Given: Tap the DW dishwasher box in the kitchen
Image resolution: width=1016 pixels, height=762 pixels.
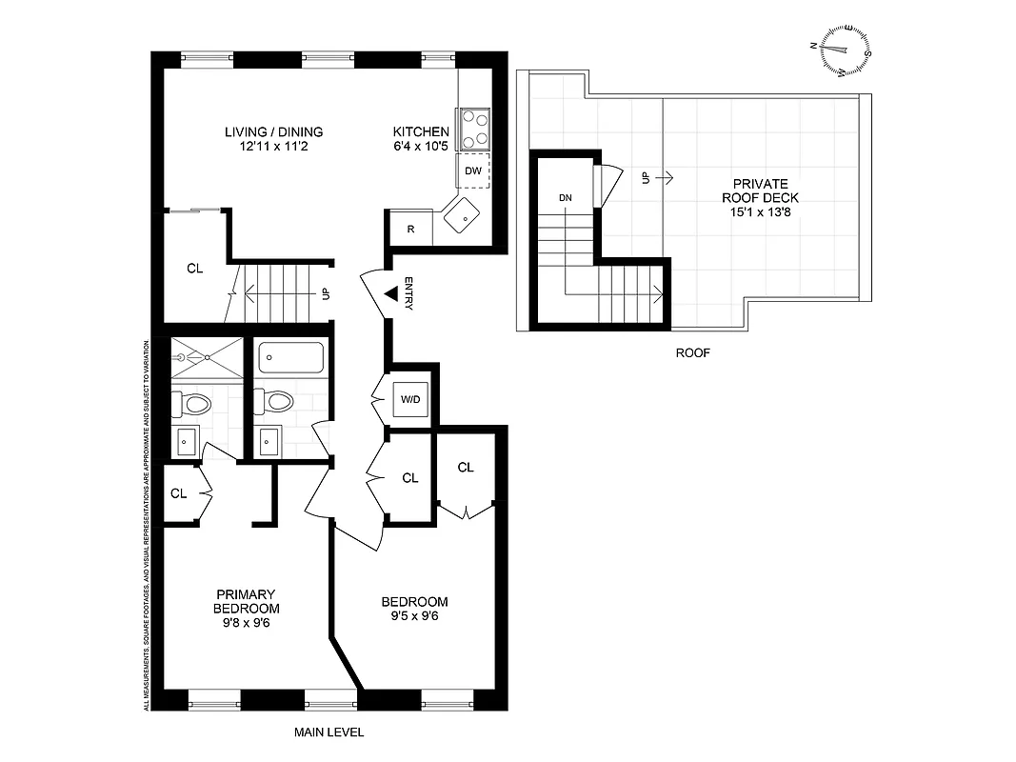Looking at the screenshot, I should point(473,171).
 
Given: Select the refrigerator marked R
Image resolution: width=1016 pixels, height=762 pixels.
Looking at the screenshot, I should point(409,230).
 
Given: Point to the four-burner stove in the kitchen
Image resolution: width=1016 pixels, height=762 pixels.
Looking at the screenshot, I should point(473,129).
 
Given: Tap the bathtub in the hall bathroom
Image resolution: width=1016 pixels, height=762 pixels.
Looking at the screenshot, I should point(291,358).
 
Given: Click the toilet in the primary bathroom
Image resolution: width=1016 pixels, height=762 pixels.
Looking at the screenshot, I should point(193,404).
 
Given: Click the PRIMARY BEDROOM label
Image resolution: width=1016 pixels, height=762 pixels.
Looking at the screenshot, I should point(246,602).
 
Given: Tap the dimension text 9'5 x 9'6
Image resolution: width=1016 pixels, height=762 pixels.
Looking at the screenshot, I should point(414,616).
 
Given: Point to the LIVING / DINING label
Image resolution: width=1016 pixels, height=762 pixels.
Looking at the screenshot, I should point(273,132).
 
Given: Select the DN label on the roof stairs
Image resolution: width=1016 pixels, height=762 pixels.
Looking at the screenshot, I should point(566,197).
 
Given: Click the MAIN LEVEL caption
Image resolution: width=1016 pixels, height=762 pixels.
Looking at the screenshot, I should point(329,733).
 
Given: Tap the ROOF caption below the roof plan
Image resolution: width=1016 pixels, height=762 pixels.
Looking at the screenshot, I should point(692,352).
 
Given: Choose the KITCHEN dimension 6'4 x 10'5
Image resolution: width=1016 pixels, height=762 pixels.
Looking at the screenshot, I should point(421,147).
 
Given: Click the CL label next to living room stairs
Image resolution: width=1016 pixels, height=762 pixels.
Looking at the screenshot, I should point(195,269).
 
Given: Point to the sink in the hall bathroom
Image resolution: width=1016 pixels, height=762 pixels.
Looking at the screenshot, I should point(269,440).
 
